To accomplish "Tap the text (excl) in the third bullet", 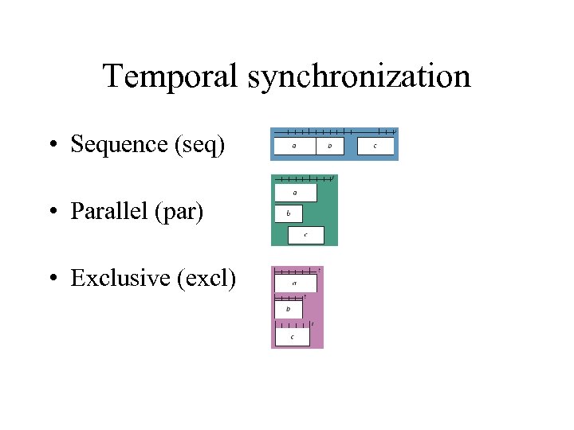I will [206, 278].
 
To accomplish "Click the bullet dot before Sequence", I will [51, 145].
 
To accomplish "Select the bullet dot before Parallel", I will [51, 212].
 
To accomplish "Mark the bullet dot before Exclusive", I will [51, 279].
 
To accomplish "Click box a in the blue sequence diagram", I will [294, 147].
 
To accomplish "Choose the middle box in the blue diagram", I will [330, 147].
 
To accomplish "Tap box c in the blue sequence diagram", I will [375, 147].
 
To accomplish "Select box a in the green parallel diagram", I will [295, 193].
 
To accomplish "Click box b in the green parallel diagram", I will [288, 213].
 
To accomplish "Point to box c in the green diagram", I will [305, 234].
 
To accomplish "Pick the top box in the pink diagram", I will [295, 283].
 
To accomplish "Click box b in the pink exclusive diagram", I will [288, 309].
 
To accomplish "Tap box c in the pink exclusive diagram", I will [292, 337].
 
